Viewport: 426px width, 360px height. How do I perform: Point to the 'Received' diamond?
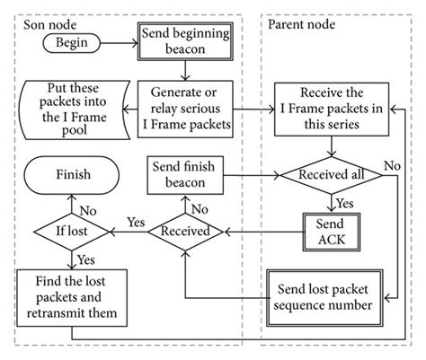click(185, 232)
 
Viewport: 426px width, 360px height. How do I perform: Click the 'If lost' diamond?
click(73, 232)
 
